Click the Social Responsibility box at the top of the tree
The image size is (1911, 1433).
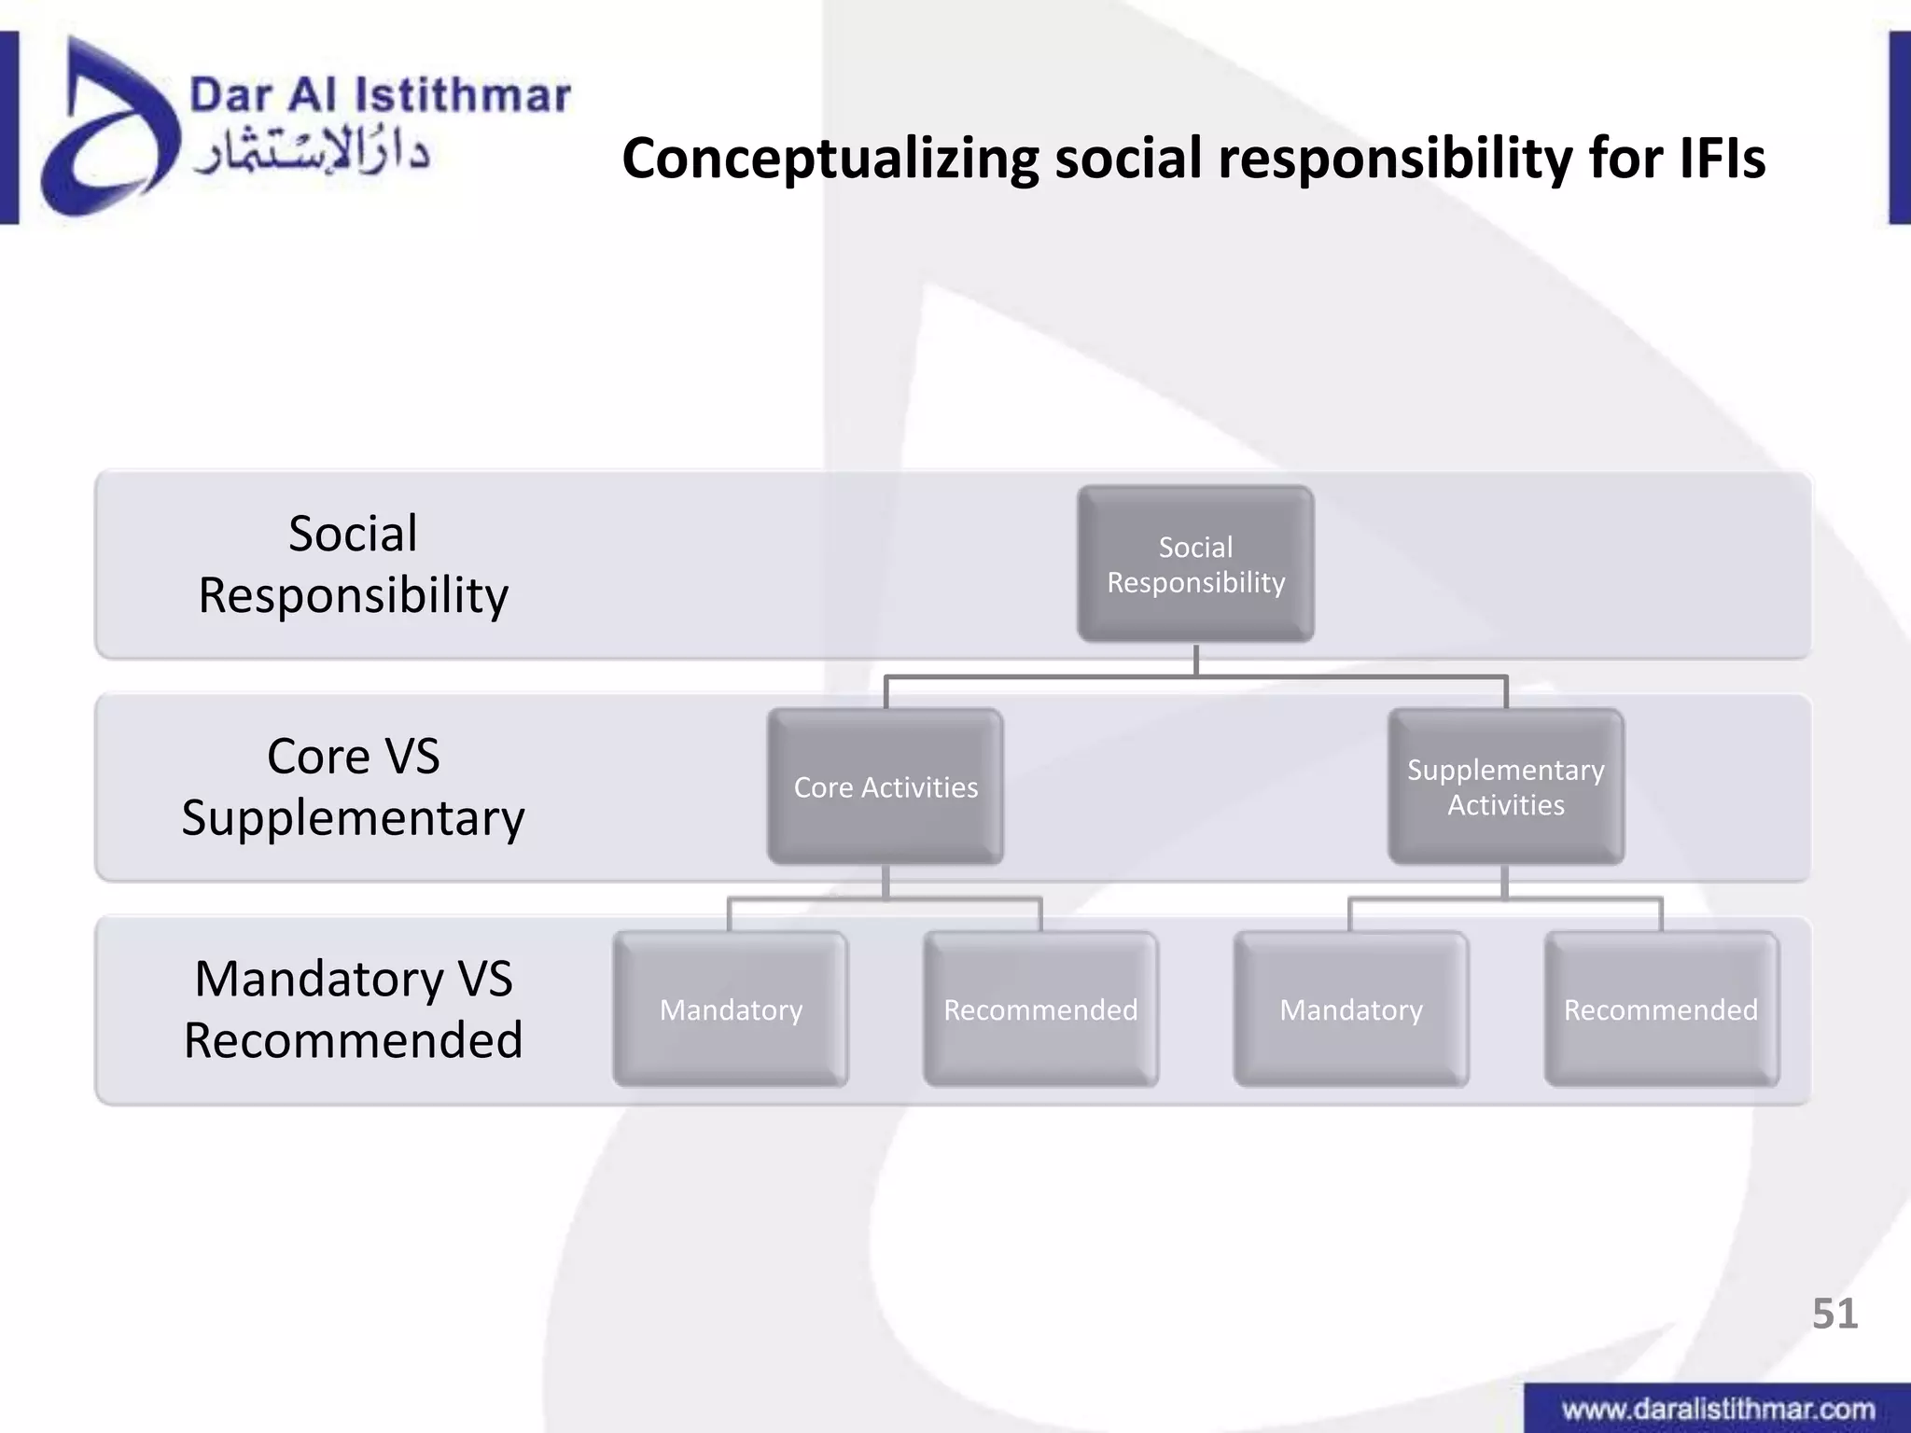pyautogui.click(x=1195, y=563)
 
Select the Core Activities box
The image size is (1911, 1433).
pyautogui.click(x=885, y=786)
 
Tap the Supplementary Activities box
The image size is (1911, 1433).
pyautogui.click(x=1505, y=786)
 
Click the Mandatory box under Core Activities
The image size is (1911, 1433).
pyautogui.click(x=731, y=1009)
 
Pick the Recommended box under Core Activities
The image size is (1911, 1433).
pyautogui.click(x=1040, y=1009)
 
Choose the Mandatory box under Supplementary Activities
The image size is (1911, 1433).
pyautogui.click(x=1350, y=1009)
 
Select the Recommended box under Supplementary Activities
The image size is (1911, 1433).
pyautogui.click(x=1661, y=1009)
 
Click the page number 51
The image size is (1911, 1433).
pyautogui.click(x=1834, y=1314)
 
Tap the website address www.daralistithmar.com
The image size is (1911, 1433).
pyautogui.click(x=1718, y=1409)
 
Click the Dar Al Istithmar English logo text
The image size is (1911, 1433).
pyautogui.click(x=380, y=95)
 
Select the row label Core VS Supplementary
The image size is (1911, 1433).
pyautogui.click(x=353, y=786)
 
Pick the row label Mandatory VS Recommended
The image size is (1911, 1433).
pyautogui.click(x=353, y=1009)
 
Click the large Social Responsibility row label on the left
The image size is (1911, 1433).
pyautogui.click(x=353, y=563)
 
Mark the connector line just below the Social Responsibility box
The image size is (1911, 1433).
pyautogui.click(x=1195, y=660)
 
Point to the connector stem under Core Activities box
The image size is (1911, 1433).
pyautogui.click(x=885, y=882)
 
